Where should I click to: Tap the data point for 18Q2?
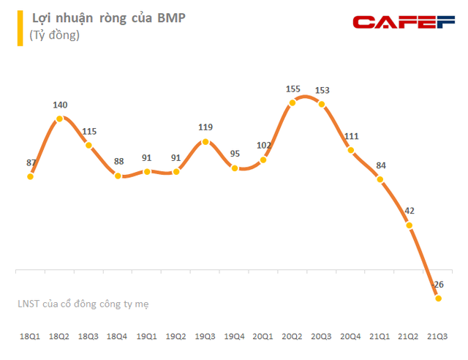coord(60,117)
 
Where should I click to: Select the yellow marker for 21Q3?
coord(438,298)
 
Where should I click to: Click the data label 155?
coord(292,89)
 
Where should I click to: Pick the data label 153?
coord(322,91)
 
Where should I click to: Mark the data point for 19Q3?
coord(205,142)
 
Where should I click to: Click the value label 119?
coord(205,127)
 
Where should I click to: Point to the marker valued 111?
coord(351,151)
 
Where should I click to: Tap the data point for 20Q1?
coord(263,160)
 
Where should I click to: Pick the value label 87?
coord(31,162)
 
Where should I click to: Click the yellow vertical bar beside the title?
coord(20,26)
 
